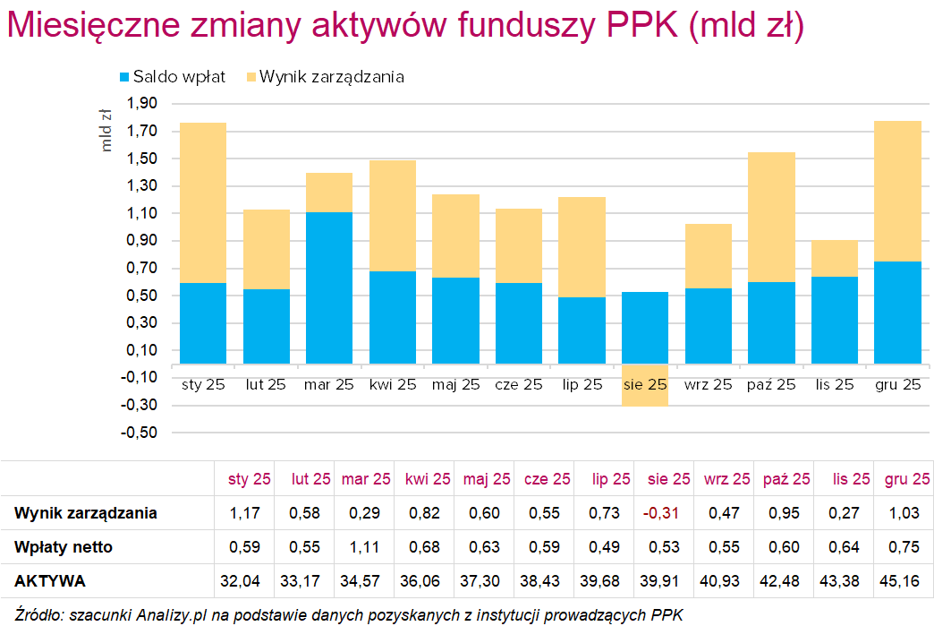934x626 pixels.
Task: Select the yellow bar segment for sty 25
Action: tap(202, 202)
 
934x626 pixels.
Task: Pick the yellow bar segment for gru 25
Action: tap(897, 191)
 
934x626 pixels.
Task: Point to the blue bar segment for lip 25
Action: tap(582, 330)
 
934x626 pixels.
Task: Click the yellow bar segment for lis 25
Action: tap(834, 258)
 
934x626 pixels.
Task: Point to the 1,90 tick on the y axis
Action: tap(142, 104)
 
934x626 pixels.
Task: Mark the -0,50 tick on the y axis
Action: tap(140, 433)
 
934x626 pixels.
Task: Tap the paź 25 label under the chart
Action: tap(770, 386)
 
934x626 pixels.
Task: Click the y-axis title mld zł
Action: tap(106, 131)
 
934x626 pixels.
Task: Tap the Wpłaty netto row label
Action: tap(64, 547)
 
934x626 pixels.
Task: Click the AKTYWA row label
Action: tap(50, 581)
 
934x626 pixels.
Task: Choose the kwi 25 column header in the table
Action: tap(428, 479)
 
